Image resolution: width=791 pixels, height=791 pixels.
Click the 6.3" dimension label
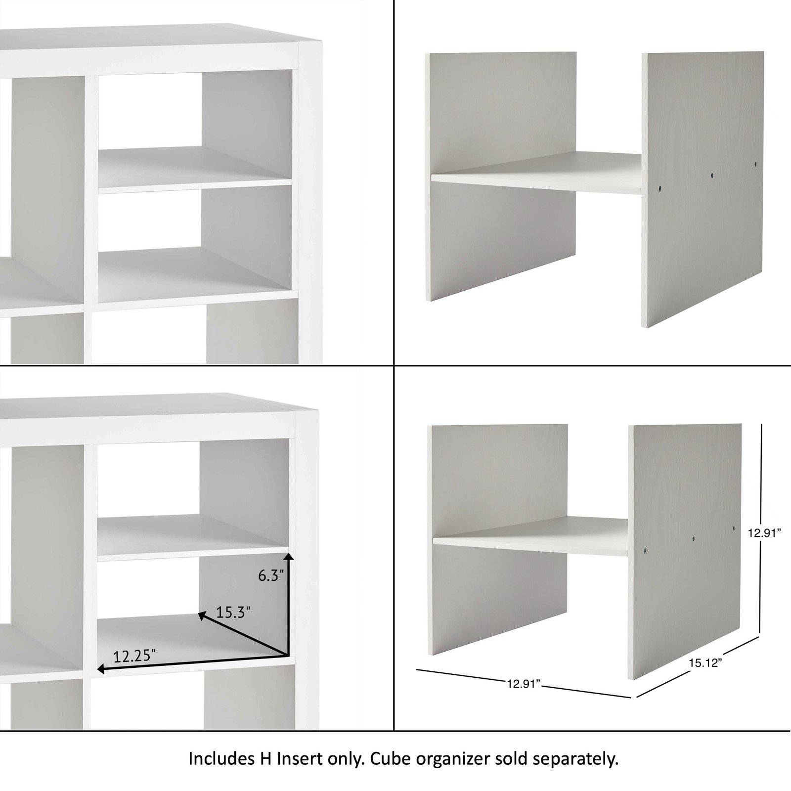pyautogui.click(x=270, y=576)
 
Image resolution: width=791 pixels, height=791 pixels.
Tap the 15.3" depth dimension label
pyautogui.click(x=233, y=613)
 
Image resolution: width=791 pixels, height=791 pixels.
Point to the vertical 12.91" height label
pyautogui.click(x=764, y=533)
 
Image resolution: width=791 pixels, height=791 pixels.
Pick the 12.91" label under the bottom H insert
pyautogui.click(x=523, y=684)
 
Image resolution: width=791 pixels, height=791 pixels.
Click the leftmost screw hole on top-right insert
pyautogui.click(x=660, y=187)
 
